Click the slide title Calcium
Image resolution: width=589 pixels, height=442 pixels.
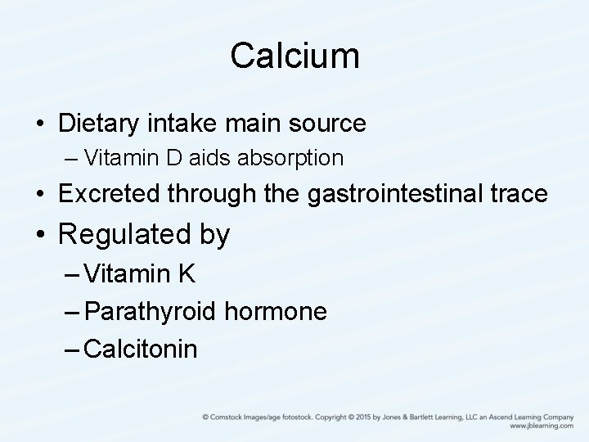[x=294, y=56]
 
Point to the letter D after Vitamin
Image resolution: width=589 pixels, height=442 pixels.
[x=179, y=156]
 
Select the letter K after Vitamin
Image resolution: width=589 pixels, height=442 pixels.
[x=187, y=273]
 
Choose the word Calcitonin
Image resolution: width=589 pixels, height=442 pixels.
[x=141, y=350]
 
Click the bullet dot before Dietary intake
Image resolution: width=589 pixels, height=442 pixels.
[x=39, y=125]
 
